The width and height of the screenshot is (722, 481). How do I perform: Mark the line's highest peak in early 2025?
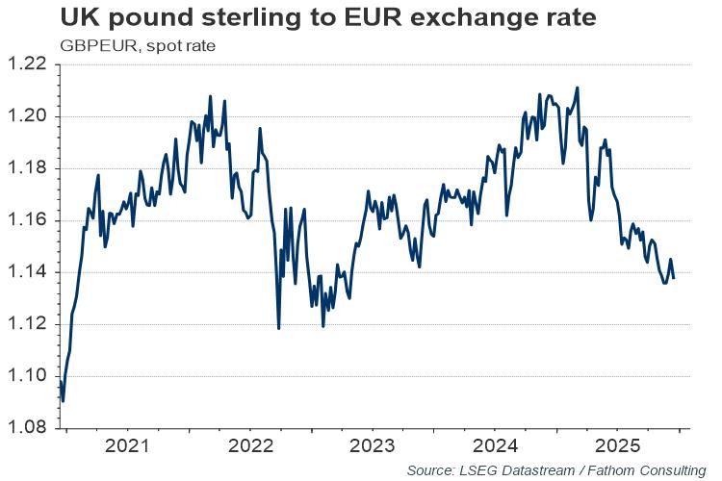pos(577,89)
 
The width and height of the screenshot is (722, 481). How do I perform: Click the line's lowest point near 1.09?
pos(63,400)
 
